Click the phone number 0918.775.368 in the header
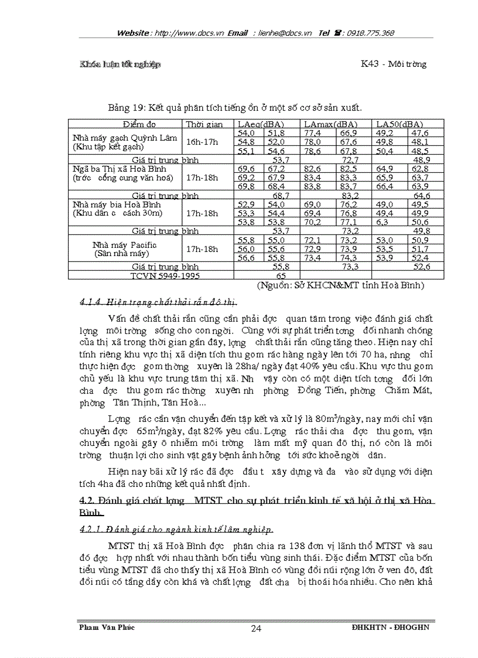(370, 33)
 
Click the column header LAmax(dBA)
(330, 124)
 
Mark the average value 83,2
(350, 195)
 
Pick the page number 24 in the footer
(255, 628)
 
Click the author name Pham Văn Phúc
(107, 627)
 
